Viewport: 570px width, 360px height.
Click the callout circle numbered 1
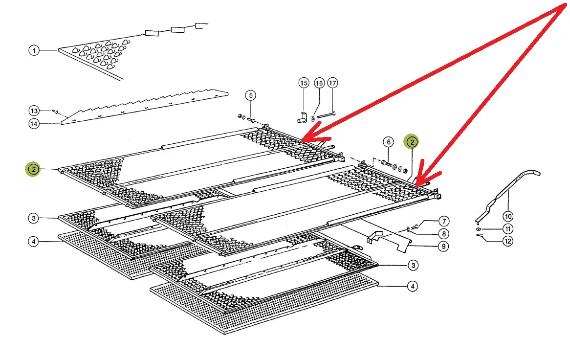pos(34,50)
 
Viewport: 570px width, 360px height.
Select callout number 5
pos(250,95)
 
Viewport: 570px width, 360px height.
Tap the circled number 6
pos(388,142)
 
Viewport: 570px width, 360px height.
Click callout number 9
pos(443,246)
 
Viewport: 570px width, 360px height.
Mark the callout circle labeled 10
pos(508,216)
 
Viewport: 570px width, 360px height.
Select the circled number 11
pos(508,228)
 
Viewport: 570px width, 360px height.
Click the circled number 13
pos(34,110)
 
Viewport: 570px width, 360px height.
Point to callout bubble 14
pos(34,124)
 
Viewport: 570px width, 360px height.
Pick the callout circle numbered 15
pos(304,83)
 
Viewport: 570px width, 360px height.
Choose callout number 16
pos(319,83)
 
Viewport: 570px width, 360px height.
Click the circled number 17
pos(333,83)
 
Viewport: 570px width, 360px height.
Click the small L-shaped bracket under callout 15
pos(301,117)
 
